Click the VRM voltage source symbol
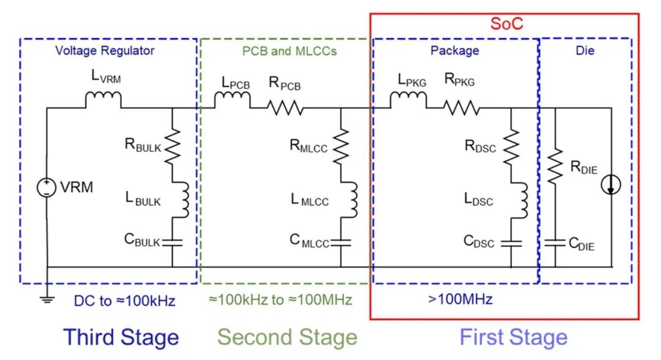coord(47,187)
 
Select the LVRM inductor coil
coord(103,100)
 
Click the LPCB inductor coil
coord(232,100)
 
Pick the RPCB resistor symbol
coord(285,108)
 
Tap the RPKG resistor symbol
coord(461,108)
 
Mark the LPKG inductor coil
coord(408,100)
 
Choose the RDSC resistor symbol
coord(510,145)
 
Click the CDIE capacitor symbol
coord(555,243)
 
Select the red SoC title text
coord(507,24)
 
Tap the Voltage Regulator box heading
coord(105,51)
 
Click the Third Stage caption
coord(121,337)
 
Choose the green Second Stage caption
coord(287,337)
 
